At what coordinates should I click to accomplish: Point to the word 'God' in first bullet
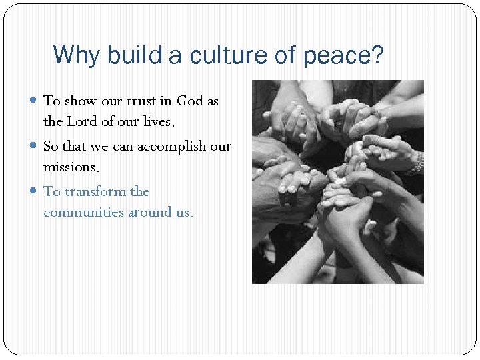pos(190,101)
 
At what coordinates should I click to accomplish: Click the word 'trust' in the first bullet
pos(140,101)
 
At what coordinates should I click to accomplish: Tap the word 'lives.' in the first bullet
pos(157,123)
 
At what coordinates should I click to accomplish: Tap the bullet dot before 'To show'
pos(35,101)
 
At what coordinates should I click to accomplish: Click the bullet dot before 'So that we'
pos(35,146)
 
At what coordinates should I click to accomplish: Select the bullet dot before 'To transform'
pos(35,192)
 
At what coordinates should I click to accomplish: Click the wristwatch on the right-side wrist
pos(417,162)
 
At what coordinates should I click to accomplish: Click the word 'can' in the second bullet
pos(123,147)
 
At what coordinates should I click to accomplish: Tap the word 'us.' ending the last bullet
pos(182,213)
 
